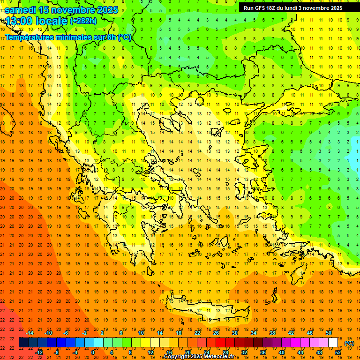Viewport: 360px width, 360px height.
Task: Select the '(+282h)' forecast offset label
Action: [x=83, y=21]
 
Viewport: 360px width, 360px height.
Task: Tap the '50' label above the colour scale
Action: [x=328, y=332]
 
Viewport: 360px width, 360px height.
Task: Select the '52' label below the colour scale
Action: [x=338, y=352]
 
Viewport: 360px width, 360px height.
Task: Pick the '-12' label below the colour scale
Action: [x=39, y=352]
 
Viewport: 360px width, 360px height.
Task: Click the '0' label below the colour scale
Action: [x=93, y=352]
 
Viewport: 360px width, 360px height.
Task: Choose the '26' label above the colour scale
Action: [x=216, y=332]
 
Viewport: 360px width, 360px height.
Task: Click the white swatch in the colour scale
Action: [x=333, y=343]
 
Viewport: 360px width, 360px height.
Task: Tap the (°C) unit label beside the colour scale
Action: [x=349, y=343]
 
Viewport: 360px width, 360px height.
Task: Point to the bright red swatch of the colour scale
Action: [x=220, y=343]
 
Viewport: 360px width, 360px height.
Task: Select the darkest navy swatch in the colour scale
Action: [x=23, y=343]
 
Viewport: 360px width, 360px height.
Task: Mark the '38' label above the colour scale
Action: [x=272, y=332]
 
